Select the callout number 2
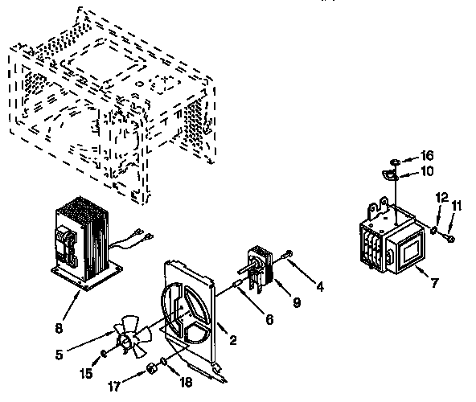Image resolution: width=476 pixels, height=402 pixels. click(232, 340)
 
